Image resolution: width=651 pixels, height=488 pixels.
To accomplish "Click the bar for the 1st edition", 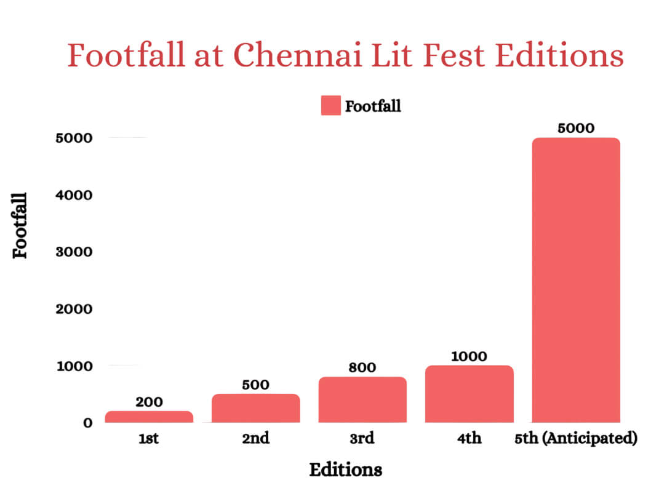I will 149,417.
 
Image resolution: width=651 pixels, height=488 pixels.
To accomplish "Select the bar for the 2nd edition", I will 255,408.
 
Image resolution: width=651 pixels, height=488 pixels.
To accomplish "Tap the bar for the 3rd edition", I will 362,399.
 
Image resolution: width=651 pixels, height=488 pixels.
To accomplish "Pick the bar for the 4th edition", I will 469,394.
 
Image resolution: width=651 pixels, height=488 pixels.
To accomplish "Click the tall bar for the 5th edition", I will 576,280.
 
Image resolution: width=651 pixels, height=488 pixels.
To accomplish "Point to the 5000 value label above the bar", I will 576,129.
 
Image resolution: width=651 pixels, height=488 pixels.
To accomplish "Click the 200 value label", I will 149,402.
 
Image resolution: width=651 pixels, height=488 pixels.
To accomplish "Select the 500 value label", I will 255,385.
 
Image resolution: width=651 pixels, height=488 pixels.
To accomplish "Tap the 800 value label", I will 362,368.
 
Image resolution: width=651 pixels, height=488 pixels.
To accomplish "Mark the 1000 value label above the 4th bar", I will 469,356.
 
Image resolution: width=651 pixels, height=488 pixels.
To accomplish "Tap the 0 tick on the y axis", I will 88,423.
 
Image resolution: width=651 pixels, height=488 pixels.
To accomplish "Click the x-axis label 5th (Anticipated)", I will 575,439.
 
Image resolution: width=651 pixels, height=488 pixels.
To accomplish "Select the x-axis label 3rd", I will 362,439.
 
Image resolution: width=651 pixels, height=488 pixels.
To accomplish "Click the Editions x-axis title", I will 345,470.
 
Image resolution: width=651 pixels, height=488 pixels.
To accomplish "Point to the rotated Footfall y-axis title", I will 21,225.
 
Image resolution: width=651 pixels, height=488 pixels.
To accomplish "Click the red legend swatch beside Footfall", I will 330,106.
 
